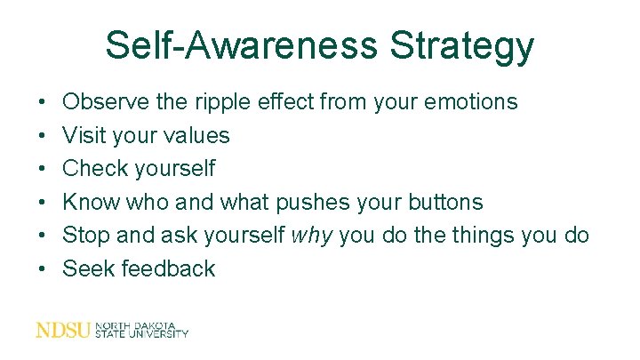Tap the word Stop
[84, 236]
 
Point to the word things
[491, 236]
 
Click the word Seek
[87, 268]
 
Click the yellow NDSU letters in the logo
[62, 330]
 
